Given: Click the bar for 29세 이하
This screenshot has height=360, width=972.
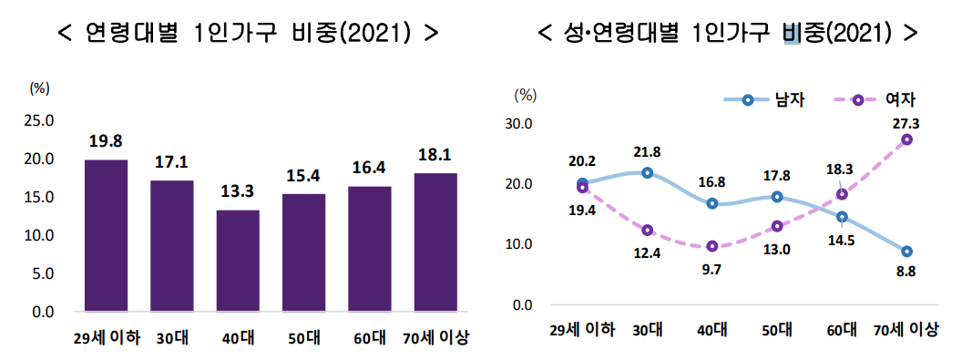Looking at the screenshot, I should pyautogui.click(x=106, y=235).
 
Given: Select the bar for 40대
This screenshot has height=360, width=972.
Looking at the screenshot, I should pyautogui.click(x=238, y=261).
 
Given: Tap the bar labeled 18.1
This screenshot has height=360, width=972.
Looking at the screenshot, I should pyautogui.click(x=435, y=242).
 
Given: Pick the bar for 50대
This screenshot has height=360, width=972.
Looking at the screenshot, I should pyautogui.click(x=303, y=252).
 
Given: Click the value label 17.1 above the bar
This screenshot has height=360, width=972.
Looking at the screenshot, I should pyautogui.click(x=171, y=162).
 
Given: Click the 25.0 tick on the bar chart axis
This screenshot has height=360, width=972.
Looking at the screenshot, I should pyautogui.click(x=38, y=120).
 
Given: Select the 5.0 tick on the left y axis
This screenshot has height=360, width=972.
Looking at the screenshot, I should pyautogui.click(x=42, y=273).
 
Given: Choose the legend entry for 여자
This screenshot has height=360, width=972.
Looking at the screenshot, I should pyautogui.click(x=880, y=100).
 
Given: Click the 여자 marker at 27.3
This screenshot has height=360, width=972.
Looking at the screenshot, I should pyautogui.click(x=907, y=139).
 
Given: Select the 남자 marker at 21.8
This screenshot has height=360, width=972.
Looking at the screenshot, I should pyautogui.click(x=647, y=172).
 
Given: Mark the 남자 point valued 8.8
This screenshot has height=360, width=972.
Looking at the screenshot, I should pyautogui.click(x=907, y=252).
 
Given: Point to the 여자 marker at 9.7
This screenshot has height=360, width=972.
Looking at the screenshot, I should pyautogui.click(x=712, y=246).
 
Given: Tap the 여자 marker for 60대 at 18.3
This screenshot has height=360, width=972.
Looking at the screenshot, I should pyautogui.click(x=843, y=194).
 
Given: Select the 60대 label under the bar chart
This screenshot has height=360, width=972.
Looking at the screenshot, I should pyautogui.click(x=370, y=338).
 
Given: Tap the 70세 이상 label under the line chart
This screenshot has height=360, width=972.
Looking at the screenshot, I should pyautogui.click(x=906, y=329).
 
